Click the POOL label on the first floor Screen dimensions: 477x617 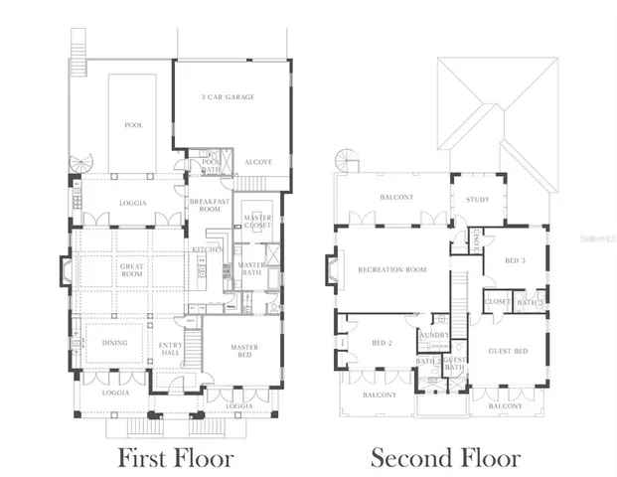(133, 126)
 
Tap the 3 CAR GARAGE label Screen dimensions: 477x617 (228, 97)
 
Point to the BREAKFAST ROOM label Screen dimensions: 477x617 (209, 205)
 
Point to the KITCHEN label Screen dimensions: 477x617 (207, 249)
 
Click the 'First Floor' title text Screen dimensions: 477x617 (176, 458)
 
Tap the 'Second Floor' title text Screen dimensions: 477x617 (444, 458)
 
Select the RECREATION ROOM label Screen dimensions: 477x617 (391, 269)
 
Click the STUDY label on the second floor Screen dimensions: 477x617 (477, 200)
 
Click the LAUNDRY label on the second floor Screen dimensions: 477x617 (434, 337)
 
